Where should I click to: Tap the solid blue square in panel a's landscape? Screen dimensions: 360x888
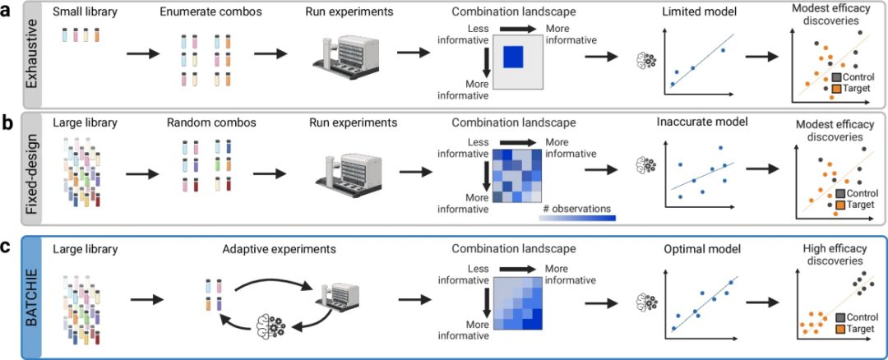point(512,58)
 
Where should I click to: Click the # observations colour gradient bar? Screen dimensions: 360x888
point(578,218)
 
